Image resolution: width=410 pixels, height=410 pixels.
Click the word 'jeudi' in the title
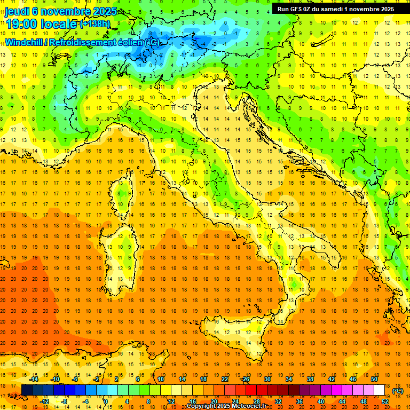(18, 11)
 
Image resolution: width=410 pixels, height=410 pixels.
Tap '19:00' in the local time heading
(22, 24)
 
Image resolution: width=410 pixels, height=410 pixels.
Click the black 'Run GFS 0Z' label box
(334, 9)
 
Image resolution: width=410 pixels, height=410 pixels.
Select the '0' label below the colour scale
(106, 401)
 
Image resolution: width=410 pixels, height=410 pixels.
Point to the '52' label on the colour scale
(384, 401)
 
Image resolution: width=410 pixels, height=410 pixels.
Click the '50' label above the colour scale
(374, 379)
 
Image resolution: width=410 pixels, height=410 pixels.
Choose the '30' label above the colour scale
(267, 379)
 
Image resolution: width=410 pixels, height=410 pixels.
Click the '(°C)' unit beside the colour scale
(397, 390)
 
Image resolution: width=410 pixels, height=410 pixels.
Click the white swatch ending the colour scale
(379, 390)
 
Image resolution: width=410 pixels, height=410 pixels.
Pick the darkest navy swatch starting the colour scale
(27, 390)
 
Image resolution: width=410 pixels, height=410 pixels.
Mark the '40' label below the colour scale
(320, 401)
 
